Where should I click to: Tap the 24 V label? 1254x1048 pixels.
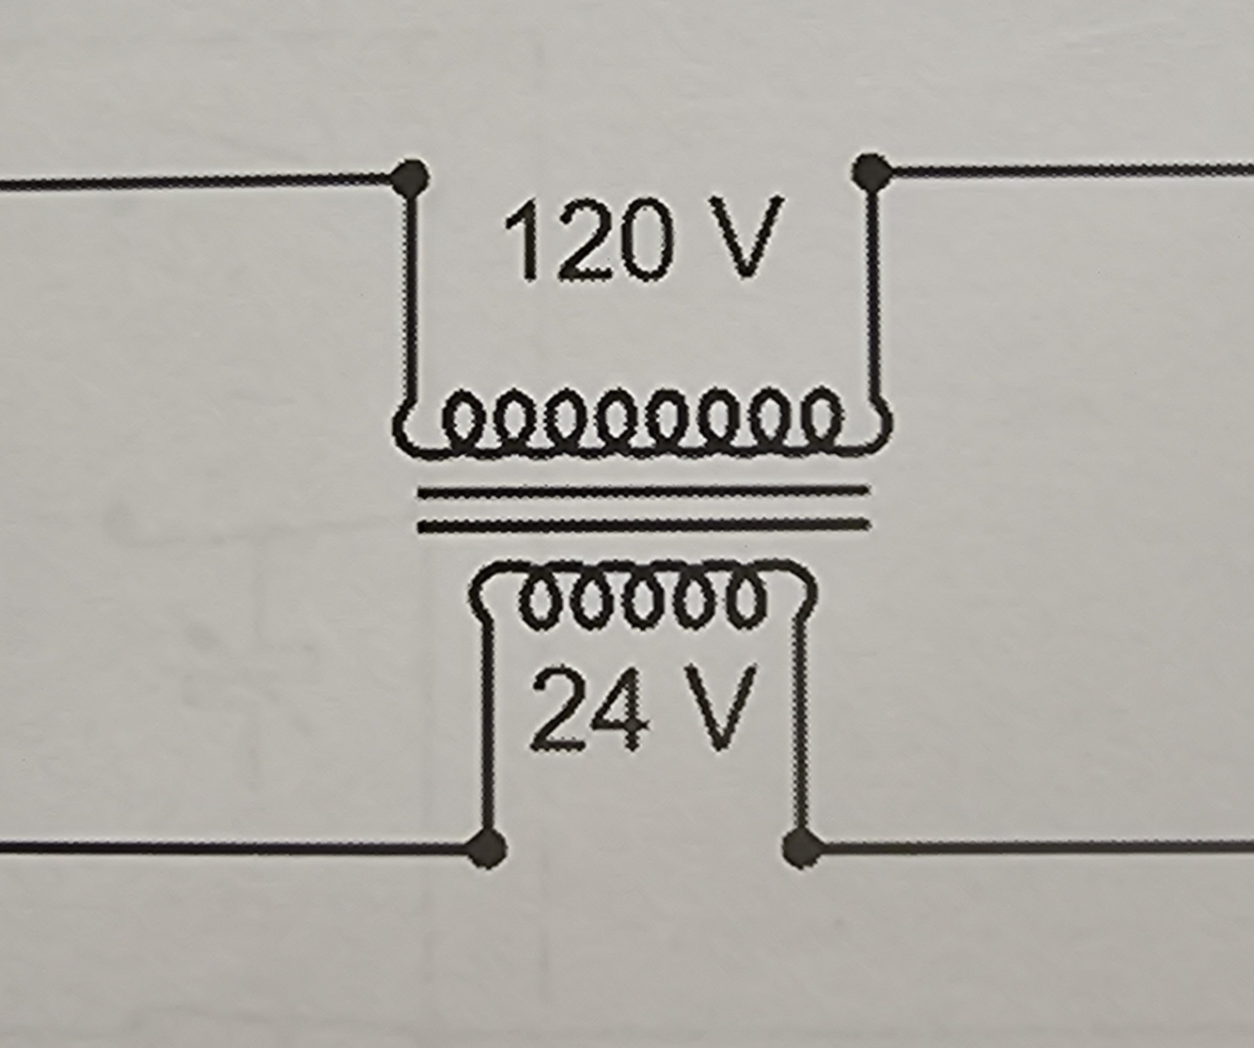click(643, 709)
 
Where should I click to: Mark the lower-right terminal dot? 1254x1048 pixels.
click(802, 848)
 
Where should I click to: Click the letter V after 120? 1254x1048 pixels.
click(746, 239)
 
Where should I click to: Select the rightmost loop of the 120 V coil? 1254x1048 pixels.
click(821, 416)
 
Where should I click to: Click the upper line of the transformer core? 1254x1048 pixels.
click(644, 491)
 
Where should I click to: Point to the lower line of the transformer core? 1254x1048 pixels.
click(644, 524)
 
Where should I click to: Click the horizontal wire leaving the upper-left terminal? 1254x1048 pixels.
click(188, 180)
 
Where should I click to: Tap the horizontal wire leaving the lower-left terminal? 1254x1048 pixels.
click(235, 849)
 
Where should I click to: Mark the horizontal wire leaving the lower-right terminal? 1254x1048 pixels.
click(1034, 849)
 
